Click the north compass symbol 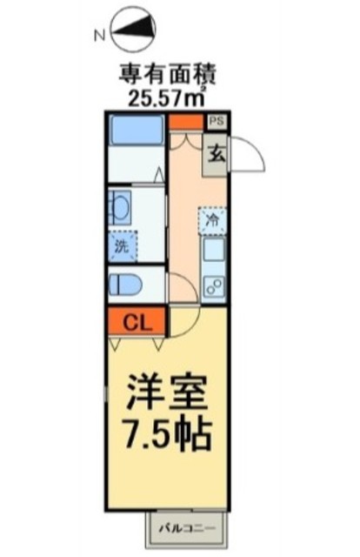(x=134, y=30)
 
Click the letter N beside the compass (x=100, y=35)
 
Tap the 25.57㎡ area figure (x=166, y=97)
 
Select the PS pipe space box (x=217, y=121)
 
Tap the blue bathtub (x=137, y=130)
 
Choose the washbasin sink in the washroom (x=120, y=207)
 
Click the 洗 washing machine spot (x=123, y=246)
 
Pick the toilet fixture (x=125, y=285)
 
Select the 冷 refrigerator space (x=213, y=221)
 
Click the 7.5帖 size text (x=168, y=434)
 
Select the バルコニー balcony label (x=187, y=528)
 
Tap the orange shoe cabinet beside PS (x=186, y=122)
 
